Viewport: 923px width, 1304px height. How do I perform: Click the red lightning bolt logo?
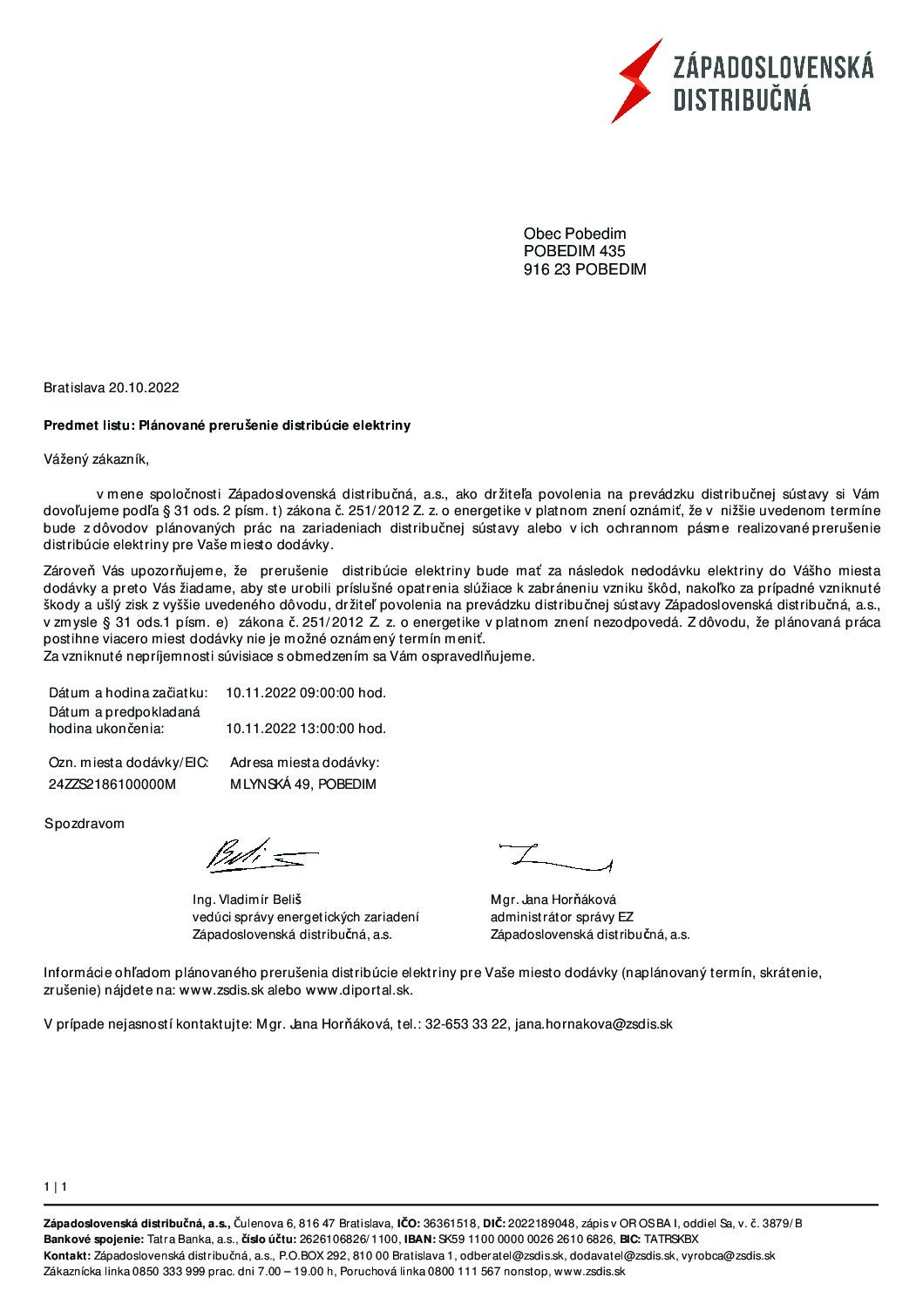coord(636,80)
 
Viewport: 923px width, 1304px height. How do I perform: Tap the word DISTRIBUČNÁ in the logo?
coord(742,98)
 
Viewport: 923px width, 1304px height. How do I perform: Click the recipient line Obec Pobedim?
coord(574,234)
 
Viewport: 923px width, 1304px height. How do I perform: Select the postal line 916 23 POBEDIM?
coord(584,269)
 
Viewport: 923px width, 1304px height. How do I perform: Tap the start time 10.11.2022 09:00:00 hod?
coord(305,693)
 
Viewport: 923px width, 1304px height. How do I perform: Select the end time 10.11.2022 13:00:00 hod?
coord(305,728)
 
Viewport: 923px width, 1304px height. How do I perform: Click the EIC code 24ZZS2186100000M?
coord(112,784)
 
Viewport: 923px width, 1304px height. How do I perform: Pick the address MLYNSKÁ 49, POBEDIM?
coord(302,784)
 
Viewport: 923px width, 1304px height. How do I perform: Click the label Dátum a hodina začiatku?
coord(128,693)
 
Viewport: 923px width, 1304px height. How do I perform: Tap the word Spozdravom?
coord(85,823)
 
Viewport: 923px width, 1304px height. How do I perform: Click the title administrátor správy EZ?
coord(562,916)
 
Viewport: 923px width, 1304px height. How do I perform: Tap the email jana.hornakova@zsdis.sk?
coord(594,1024)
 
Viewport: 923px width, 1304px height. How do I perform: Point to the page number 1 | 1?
coord(55,1186)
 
